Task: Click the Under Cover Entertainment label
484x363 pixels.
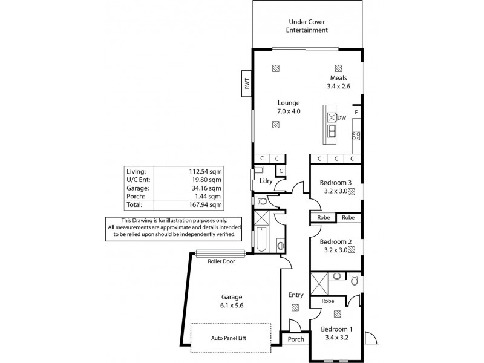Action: tap(308, 25)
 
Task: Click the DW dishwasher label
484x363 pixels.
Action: tap(341, 117)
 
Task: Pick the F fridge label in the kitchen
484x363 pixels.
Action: tap(357, 113)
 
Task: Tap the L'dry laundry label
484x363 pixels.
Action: tap(265, 181)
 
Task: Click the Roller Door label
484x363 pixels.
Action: tap(220, 261)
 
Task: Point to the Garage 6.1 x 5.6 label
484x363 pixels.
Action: tap(232, 301)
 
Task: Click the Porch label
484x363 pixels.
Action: tap(295, 340)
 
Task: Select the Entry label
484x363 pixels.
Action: tap(295, 295)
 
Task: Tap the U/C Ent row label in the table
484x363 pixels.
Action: tap(137, 180)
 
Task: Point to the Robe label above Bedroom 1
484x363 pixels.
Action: tap(328, 301)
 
